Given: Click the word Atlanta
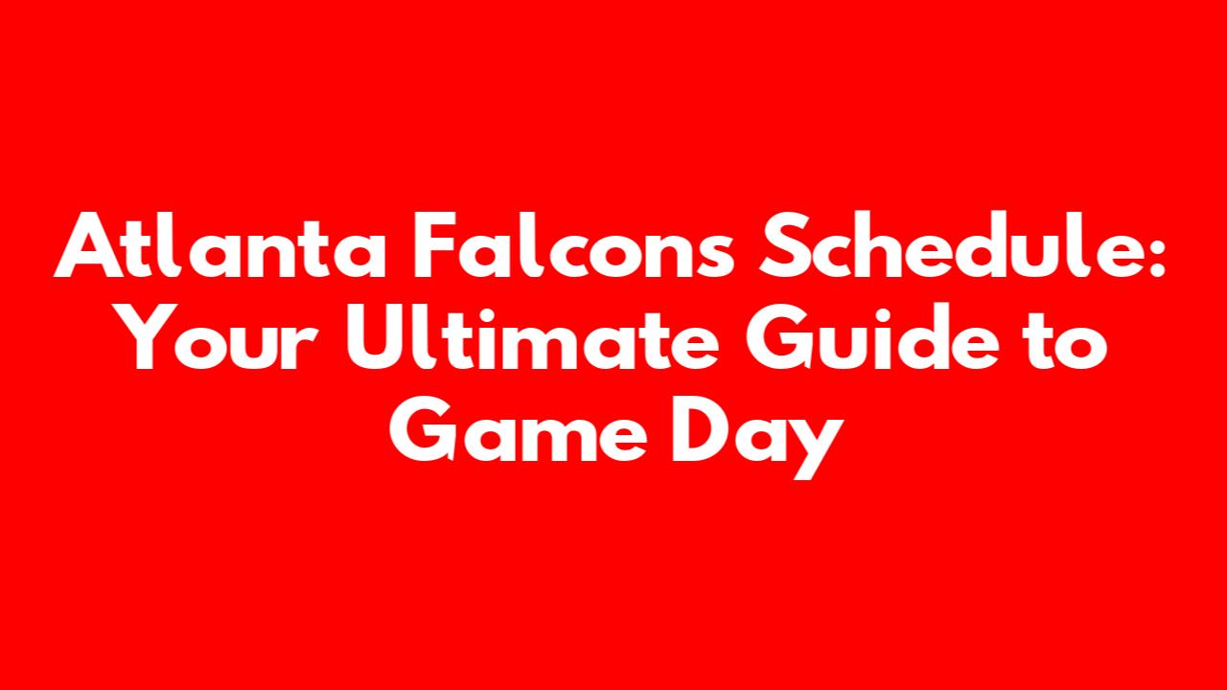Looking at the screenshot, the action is coord(220,244).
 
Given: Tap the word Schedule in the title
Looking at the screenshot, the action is coord(948,244).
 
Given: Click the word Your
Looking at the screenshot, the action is coord(218,337).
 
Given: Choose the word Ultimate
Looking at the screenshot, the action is coord(531,337).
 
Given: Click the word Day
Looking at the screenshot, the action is coord(757,438).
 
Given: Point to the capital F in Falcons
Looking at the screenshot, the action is coord(435,244).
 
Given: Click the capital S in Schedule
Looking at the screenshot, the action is coord(782,244).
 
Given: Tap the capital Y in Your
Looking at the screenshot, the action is coord(147,336).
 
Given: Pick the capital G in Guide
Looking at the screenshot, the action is coord(778,337).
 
